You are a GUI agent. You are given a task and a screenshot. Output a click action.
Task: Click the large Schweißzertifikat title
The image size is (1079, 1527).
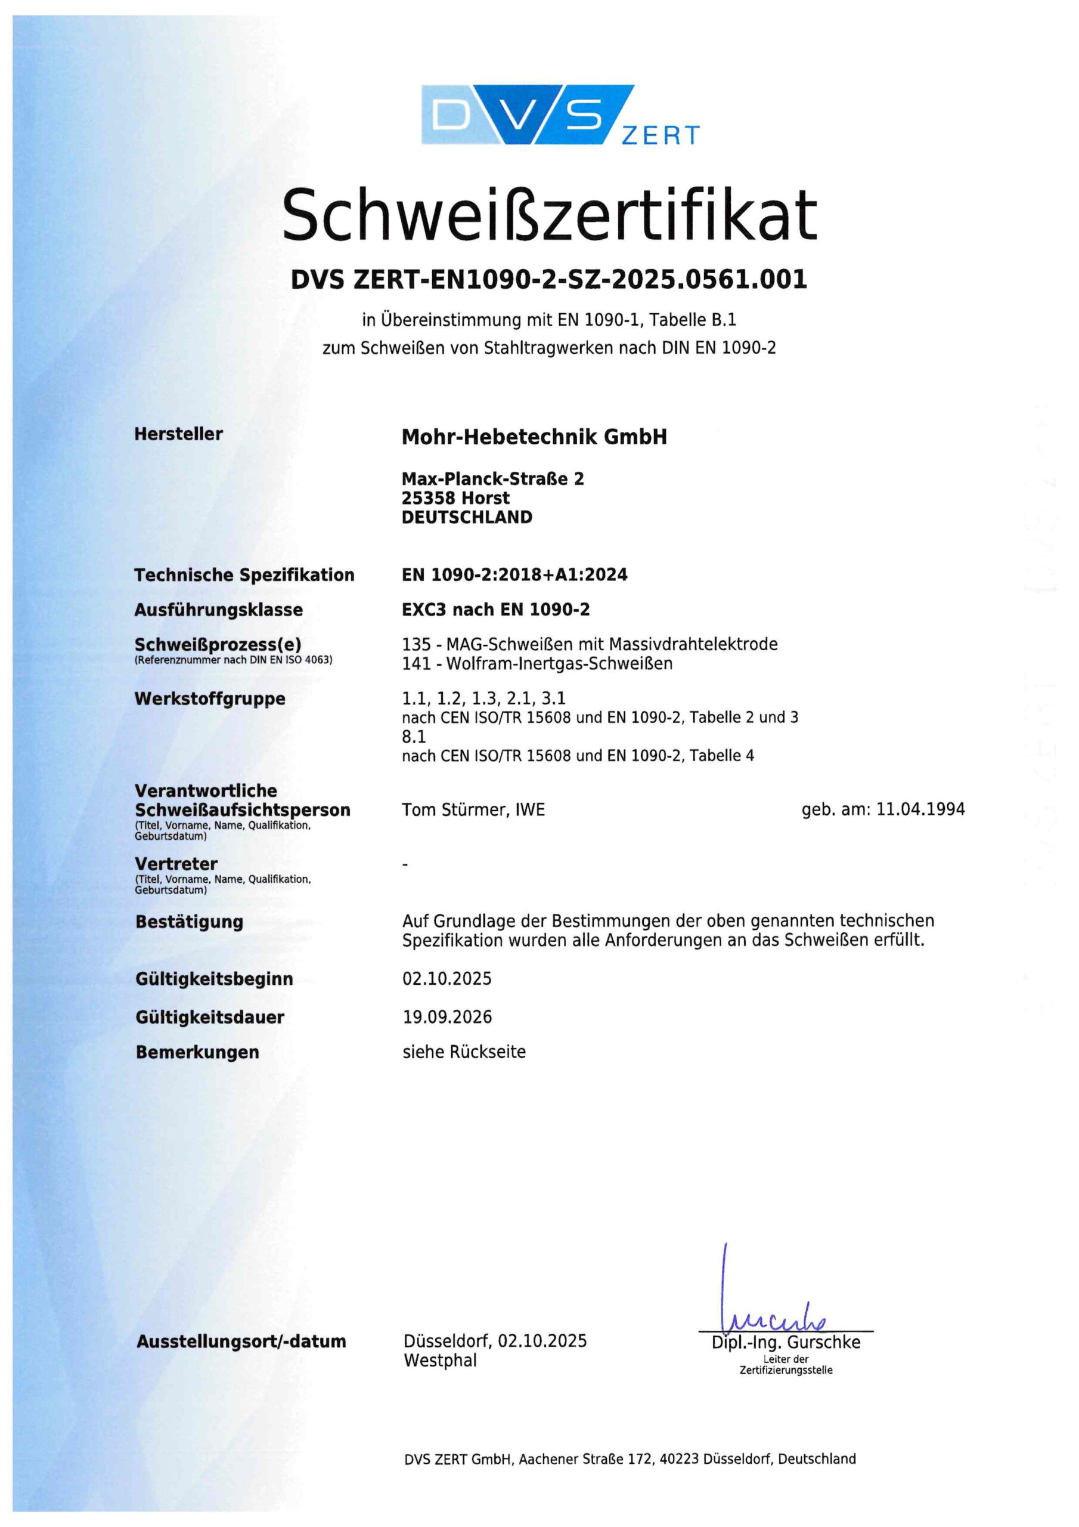click(549, 214)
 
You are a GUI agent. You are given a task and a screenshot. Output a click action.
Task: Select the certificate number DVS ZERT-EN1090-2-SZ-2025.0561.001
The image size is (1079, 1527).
click(549, 279)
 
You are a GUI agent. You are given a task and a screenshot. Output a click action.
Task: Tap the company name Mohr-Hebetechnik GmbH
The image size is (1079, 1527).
click(534, 437)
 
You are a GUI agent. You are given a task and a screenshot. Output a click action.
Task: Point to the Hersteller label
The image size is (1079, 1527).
click(178, 434)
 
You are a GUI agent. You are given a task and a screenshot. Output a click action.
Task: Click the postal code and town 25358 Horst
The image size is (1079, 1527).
click(455, 498)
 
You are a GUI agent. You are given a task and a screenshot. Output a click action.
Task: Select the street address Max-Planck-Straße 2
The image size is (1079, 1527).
click(492, 479)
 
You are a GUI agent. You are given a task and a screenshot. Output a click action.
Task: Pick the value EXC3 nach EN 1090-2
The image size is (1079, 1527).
click(495, 609)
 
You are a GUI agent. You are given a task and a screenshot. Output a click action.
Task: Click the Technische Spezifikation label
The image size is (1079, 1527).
click(244, 574)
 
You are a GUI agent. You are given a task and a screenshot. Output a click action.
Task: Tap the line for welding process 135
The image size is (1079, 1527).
click(590, 644)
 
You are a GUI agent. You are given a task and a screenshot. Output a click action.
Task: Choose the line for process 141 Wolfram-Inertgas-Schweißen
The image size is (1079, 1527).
click(537, 663)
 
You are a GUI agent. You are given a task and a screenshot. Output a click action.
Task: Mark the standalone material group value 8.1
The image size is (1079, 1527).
click(414, 736)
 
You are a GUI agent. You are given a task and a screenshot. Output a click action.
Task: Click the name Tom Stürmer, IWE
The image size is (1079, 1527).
click(473, 809)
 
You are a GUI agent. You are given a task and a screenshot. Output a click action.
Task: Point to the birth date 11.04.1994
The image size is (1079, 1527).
click(920, 809)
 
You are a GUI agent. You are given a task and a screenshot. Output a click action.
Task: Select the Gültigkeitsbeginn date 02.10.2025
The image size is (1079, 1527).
click(447, 978)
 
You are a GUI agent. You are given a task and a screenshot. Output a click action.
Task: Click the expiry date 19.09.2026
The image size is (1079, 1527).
click(447, 1016)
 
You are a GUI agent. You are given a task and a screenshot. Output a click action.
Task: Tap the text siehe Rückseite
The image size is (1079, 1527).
click(464, 1052)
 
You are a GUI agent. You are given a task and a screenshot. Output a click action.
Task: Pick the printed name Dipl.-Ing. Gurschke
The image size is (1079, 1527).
click(786, 1342)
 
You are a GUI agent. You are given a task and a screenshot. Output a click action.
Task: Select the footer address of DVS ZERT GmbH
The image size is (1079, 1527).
click(630, 1458)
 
